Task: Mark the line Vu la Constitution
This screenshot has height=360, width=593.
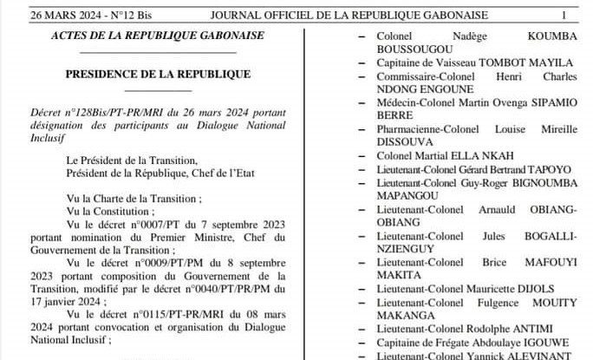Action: click(x=111, y=211)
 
